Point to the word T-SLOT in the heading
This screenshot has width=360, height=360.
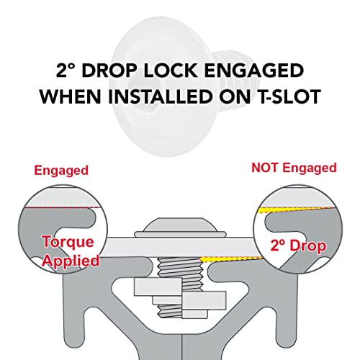pos(283,96)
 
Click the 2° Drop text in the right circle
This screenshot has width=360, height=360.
pos(297,246)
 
